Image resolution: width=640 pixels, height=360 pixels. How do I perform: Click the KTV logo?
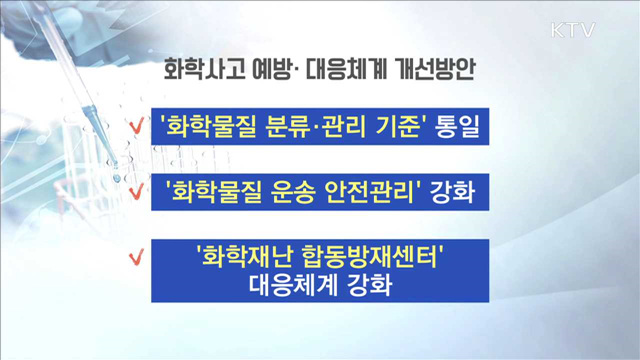coord(572,30)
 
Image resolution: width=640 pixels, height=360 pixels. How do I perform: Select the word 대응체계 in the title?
coord(345,73)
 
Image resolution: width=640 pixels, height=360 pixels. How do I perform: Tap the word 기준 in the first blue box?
coord(393,127)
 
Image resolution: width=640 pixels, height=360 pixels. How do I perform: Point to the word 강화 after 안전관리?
coord(455,191)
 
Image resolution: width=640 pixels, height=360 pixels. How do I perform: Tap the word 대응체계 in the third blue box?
coord(284,284)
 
